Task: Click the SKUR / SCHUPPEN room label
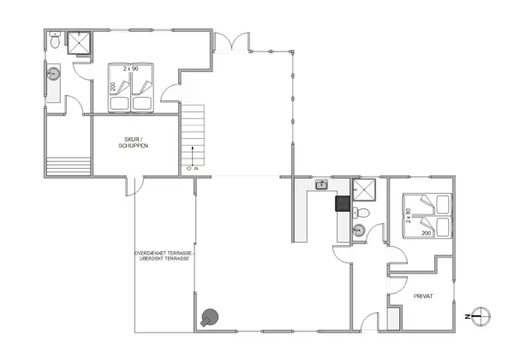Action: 134,144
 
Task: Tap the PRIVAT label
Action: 423,296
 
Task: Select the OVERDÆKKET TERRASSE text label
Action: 164,255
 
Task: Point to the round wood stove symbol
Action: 209,317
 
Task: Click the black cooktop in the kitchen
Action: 342,204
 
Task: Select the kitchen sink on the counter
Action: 322,184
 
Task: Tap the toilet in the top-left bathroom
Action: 54,40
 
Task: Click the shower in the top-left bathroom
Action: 80,43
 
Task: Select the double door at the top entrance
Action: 231,41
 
